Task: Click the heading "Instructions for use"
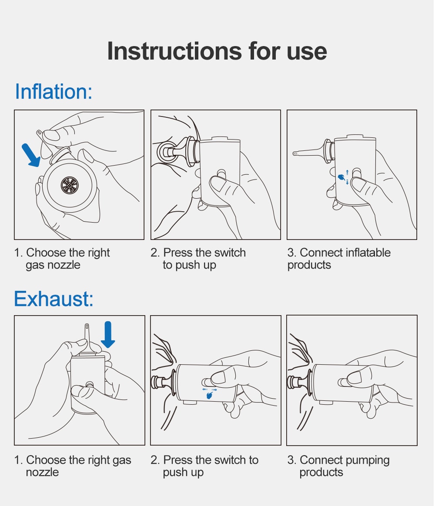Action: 217,51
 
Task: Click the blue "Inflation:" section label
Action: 54,91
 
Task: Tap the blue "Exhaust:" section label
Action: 54,299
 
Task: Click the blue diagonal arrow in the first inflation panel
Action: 31,155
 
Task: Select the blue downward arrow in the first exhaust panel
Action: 108,334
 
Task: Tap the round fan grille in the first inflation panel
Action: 70,185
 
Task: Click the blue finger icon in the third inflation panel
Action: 341,177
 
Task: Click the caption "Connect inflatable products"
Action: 339,259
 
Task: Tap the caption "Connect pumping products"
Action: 338,466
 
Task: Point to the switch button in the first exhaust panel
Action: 89,384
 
